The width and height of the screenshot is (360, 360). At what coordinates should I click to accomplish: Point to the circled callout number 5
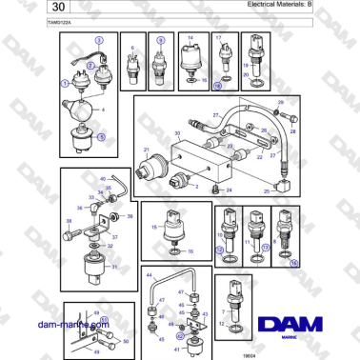point(101,137)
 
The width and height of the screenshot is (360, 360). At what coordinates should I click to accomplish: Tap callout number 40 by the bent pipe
point(103,178)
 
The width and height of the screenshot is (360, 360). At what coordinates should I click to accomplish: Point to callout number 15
point(153,228)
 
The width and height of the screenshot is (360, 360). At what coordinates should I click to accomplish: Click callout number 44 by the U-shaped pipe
point(149,274)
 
